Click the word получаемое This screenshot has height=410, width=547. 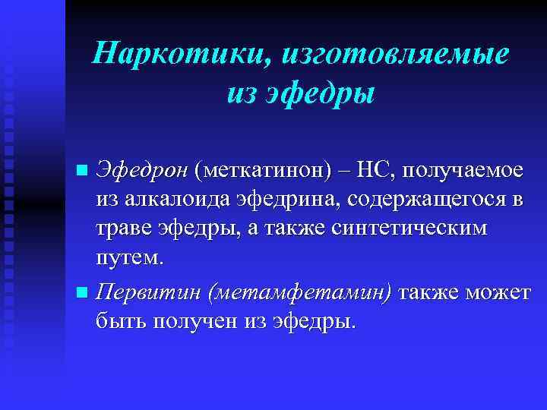tap(465, 172)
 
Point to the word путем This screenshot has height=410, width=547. tap(128, 258)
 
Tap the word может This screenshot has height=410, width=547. tap(499, 292)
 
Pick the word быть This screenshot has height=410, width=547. tap(122, 320)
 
